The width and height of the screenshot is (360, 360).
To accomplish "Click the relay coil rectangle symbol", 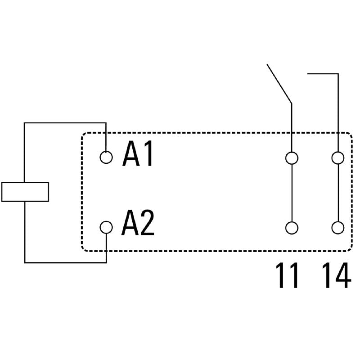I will pyautogui.click(x=25, y=192).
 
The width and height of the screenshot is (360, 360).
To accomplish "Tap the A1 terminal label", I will pyautogui.click(x=138, y=155).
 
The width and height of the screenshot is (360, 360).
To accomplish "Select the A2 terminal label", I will pyautogui.click(x=138, y=224).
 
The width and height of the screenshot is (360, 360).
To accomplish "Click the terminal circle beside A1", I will pyautogui.click(x=106, y=157).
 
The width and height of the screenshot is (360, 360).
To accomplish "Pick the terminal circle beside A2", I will pyautogui.click(x=106, y=227).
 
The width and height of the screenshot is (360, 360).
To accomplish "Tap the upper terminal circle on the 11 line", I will pyautogui.click(x=292, y=158).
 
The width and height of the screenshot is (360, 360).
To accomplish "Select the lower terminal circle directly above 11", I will pyautogui.click(x=292, y=228).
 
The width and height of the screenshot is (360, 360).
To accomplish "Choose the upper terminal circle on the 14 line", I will pyautogui.click(x=337, y=158).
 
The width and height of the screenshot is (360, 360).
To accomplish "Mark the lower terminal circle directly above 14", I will pyautogui.click(x=337, y=228).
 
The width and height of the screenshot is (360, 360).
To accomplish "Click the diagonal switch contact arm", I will pyautogui.click(x=279, y=84).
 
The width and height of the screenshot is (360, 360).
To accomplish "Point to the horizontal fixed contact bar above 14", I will pyautogui.click(x=322, y=73).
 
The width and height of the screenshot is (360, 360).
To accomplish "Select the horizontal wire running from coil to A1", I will pyautogui.click(x=65, y=122).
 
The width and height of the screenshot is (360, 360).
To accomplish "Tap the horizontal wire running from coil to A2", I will pyautogui.click(x=65, y=262).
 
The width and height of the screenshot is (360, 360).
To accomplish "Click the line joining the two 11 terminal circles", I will pyautogui.click(x=292, y=193).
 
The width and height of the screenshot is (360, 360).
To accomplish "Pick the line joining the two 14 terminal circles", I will pyautogui.click(x=337, y=193).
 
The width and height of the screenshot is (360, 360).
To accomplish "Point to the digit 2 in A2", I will pyautogui.click(x=147, y=224).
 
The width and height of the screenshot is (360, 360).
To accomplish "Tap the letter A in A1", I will pyautogui.click(x=130, y=155).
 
